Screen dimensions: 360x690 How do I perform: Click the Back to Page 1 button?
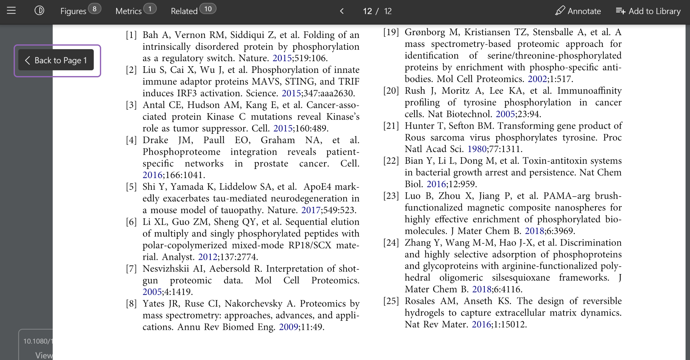[56, 60]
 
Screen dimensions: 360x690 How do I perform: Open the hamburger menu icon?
[11, 11]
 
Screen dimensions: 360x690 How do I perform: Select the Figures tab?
[74, 11]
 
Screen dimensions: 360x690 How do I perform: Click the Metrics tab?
[129, 11]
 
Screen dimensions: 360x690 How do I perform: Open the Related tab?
[184, 11]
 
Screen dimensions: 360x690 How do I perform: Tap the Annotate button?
[578, 11]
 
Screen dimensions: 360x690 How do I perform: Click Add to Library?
[648, 11]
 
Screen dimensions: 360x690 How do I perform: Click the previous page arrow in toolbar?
[342, 11]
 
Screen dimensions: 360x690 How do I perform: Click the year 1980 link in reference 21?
[477, 149]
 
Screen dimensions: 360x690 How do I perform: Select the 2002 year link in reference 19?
[537, 79]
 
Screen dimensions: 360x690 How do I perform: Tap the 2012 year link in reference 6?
[208, 257]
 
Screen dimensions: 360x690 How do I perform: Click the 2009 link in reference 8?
[289, 327]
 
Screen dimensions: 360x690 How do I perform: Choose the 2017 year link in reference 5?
[311, 210]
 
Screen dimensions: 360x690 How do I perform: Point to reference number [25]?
[391, 301]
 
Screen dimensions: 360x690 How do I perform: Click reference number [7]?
[131, 269]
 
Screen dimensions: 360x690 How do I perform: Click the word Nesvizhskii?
[166, 269]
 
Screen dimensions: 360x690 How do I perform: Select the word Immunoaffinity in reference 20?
[589, 91]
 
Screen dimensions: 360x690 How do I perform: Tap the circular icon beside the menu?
[39, 11]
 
